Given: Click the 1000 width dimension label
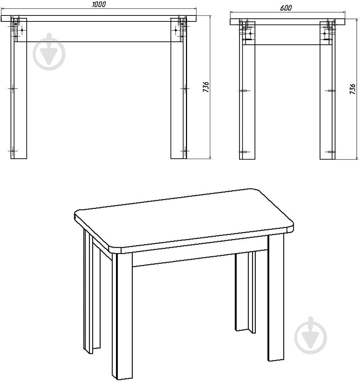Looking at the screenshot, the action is [x=99, y=4].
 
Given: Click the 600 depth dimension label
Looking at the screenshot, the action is [x=285, y=8].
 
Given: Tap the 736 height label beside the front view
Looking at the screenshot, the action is [x=206, y=87].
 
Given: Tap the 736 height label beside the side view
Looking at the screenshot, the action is [x=352, y=89].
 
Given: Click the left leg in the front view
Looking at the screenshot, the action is [x=19, y=88].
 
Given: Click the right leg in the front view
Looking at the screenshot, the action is [x=179, y=88].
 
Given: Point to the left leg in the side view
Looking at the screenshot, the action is [x=247, y=90].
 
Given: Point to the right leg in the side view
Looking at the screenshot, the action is [x=328, y=90].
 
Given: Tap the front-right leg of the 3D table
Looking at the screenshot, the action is [x=276, y=298].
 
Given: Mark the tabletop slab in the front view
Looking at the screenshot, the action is [x=99, y=19].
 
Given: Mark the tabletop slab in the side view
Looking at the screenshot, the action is [x=288, y=22].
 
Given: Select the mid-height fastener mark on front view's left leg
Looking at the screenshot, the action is [x=13, y=88].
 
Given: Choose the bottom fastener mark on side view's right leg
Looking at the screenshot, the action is [x=331, y=152].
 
